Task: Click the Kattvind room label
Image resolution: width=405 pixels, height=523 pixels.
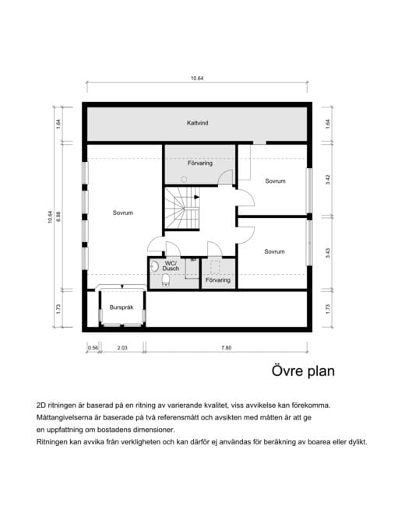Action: (x=197, y=123)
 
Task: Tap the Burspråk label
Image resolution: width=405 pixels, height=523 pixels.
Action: (x=121, y=307)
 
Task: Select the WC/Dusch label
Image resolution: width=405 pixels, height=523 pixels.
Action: (x=171, y=266)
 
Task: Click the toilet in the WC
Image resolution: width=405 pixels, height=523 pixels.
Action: (x=166, y=280)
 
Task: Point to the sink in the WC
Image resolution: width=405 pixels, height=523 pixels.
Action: (x=154, y=266)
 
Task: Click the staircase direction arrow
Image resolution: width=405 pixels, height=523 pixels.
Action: (x=196, y=197)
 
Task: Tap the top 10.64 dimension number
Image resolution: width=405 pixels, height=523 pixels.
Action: (x=197, y=79)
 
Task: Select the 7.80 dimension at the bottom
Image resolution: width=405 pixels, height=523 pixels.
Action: (x=226, y=348)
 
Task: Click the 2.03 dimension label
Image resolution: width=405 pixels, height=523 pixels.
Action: (x=122, y=348)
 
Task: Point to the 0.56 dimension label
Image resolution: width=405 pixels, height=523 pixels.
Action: (x=93, y=348)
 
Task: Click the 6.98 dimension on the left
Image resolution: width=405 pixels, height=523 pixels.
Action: (x=58, y=217)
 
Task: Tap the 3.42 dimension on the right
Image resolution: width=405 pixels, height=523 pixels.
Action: (x=328, y=180)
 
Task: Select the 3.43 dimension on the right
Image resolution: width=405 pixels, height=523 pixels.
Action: (x=328, y=253)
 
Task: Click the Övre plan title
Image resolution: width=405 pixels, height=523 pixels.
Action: (x=303, y=371)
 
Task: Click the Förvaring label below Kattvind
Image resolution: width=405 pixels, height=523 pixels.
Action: (x=200, y=163)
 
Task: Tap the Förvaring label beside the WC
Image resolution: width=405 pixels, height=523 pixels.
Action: (x=218, y=280)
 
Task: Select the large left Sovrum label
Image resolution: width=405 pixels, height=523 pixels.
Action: (x=123, y=212)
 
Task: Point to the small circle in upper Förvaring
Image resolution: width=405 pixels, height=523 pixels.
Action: (x=184, y=180)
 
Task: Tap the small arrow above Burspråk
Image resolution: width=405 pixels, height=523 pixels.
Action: (x=122, y=286)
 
